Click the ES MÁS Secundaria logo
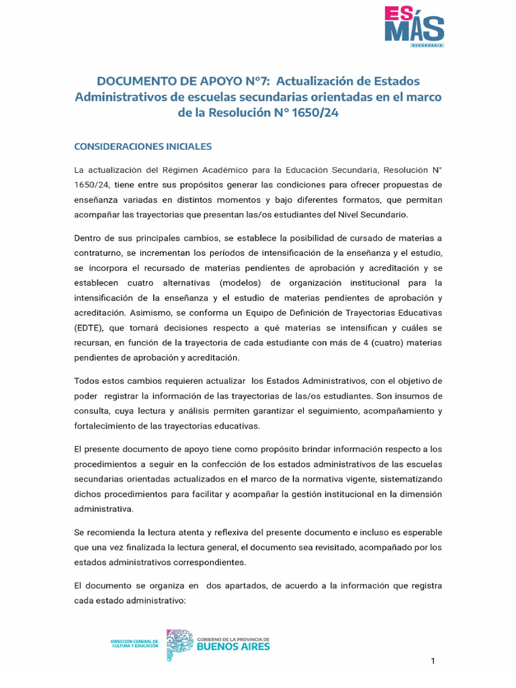point(413,27)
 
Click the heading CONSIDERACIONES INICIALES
point(142,146)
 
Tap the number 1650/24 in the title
point(315,114)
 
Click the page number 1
point(433,661)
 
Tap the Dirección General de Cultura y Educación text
point(134,644)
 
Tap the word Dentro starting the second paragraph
point(89,238)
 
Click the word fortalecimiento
point(108,426)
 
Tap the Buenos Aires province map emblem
point(179,644)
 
